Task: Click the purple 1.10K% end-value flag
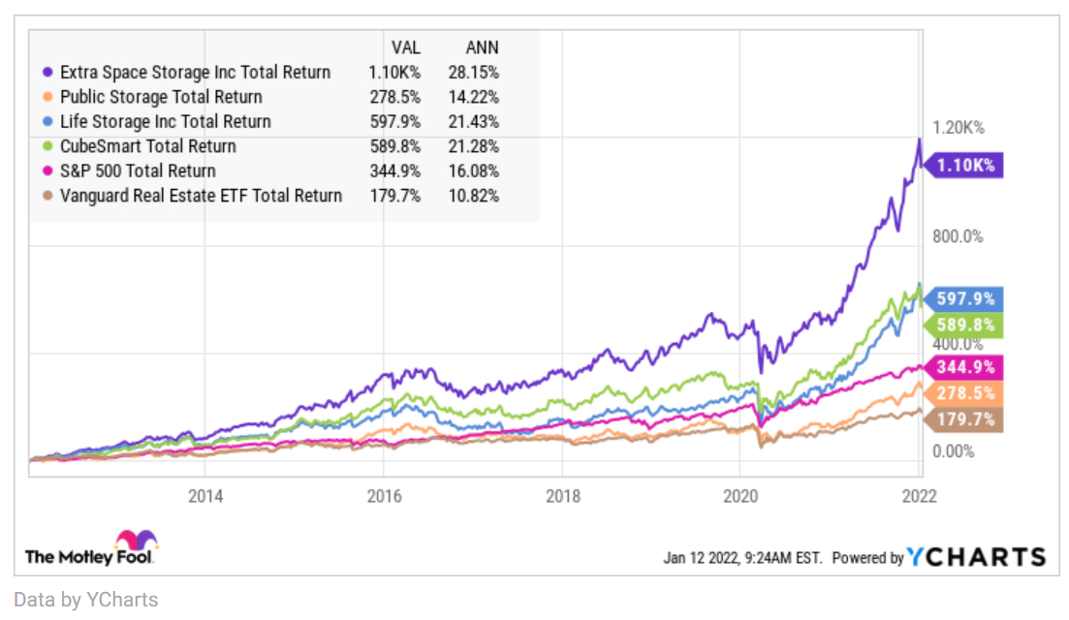pyautogui.click(x=963, y=165)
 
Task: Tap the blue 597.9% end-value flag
pyautogui.click(x=963, y=298)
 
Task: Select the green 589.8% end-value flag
pyautogui.click(x=963, y=325)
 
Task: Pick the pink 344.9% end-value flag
pyautogui.click(x=963, y=367)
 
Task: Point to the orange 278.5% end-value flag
pyautogui.click(x=963, y=393)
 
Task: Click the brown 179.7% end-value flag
pyautogui.click(x=963, y=419)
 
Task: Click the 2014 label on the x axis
pyautogui.click(x=205, y=496)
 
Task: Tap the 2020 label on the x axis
pyautogui.click(x=740, y=496)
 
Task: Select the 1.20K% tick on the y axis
pyautogui.click(x=958, y=128)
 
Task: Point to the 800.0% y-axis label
pyautogui.click(x=958, y=236)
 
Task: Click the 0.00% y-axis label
pyautogui.click(x=953, y=451)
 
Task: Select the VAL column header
pyautogui.click(x=406, y=47)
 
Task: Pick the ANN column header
pyautogui.click(x=482, y=47)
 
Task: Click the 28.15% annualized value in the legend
pyautogui.click(x=473, y=73)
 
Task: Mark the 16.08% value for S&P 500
pyautogui.click(x=473, y=171)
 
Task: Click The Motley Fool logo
pyautogui.click(x=91, y=548)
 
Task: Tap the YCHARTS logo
pyautogui.click(x=976, y=557)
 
